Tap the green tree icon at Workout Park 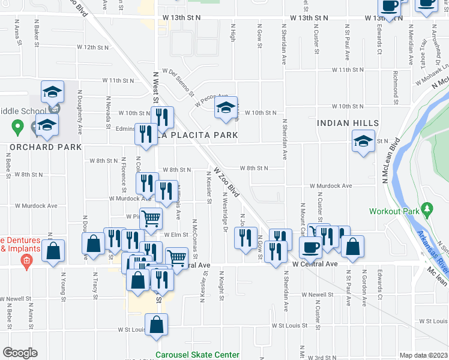click(427, 209)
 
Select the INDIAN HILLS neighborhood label click(346, 122)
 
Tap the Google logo click(20, 353)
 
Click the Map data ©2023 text click(423, 355)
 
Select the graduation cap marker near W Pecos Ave click(226, 108)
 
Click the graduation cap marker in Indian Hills click(363, 142)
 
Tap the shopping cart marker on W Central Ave click(176, 258)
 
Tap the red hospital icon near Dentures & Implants click(26, 261)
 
